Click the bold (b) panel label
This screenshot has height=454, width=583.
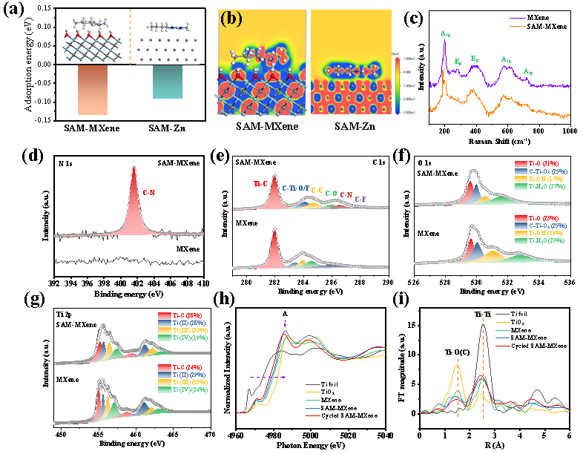click(231, 19)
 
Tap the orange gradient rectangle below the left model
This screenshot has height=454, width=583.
click(93, 89)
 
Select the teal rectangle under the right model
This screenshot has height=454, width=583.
click(167, 82)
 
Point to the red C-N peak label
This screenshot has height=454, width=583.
click(149, 193)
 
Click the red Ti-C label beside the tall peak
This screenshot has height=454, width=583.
click(260, 183)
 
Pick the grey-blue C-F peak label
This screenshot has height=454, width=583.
click(360, 199)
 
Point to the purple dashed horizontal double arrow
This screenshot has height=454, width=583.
click(267, 378)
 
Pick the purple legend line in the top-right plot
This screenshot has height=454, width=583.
click(518, 19)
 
